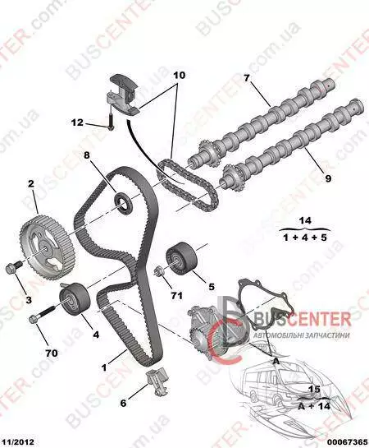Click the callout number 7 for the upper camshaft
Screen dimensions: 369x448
click(247, 78)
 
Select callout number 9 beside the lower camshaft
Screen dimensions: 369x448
click(328, 178)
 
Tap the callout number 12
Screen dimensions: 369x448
click(77, 122)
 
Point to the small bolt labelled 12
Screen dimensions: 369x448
click(111, 121)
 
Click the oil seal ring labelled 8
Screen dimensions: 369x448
click(124, 202)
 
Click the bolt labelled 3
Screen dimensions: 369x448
click(14, 267)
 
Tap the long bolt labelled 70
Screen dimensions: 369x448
click(43, 314)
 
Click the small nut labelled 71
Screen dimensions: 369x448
click(158, 270)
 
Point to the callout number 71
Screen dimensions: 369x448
click(176, 295)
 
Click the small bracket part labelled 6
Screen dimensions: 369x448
click(157, 381)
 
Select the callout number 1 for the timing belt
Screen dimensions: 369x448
click(104, 367)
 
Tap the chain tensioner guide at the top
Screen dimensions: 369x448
click(124, 95)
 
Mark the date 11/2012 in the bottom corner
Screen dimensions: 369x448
click(17, 442)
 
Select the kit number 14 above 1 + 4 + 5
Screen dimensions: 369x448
click(305, 220)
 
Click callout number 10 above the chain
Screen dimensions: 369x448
click(179, 75)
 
